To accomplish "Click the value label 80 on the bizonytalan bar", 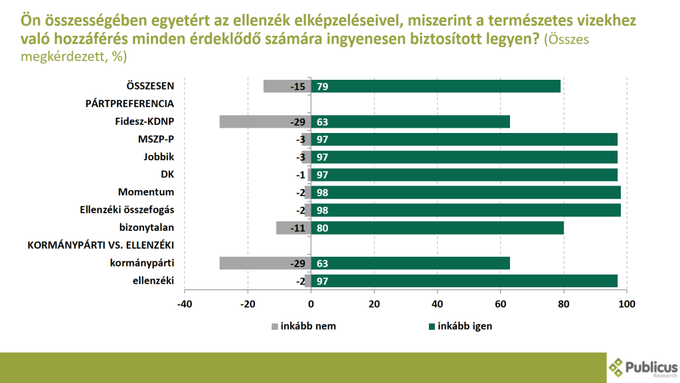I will (323, 228).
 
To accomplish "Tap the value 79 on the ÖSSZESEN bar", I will (323, 86).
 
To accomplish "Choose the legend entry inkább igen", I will (461, 326).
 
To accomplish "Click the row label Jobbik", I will (159, 157).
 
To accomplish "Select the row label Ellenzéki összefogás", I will (126, 210).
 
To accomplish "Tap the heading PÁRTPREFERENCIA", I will (129, 104).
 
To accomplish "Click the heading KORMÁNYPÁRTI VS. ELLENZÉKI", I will (101, 245).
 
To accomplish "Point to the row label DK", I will (167, 175).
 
